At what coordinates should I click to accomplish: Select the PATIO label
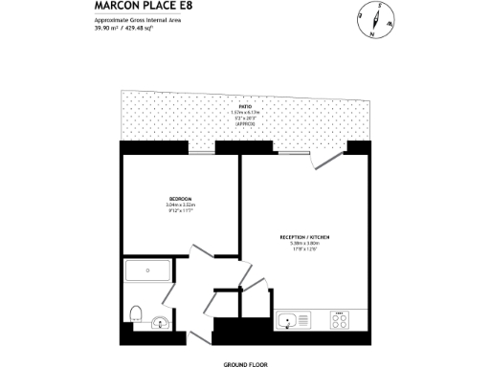(x=232, y=106)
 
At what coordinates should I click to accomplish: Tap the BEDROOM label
(x=180, y=200)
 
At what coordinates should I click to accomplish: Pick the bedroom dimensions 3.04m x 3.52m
(x=180, y=205)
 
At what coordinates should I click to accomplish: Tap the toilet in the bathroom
(x=137, y=313)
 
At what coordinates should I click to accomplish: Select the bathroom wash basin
(x=160, y=323)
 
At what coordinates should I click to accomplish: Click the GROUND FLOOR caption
(x=245, y=364)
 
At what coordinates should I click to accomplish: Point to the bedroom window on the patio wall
(x=201, y=146)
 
